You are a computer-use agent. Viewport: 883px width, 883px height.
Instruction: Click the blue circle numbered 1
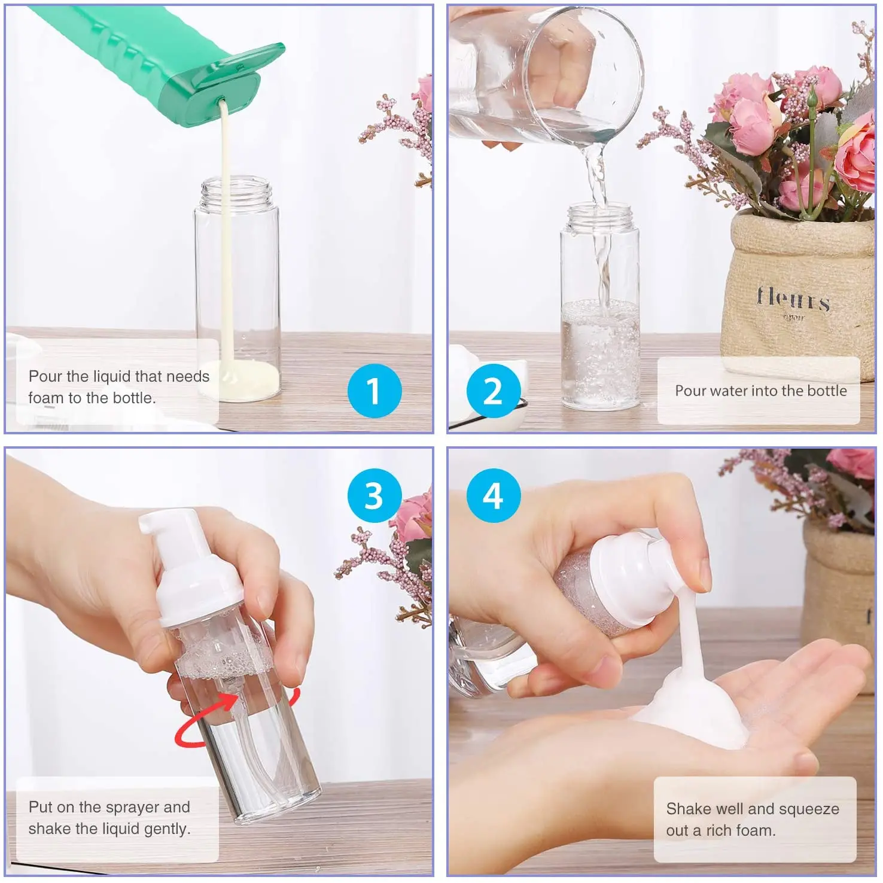[374, 391]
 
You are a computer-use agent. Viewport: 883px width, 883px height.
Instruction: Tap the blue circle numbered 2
[492, 391]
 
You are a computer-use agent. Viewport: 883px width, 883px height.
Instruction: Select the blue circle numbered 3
[374, 495]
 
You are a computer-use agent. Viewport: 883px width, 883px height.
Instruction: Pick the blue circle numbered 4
[492, 495]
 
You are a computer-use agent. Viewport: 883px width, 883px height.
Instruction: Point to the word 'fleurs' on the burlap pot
[793, 298]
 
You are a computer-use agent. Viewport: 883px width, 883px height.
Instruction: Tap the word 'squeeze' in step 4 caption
[809, 809]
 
